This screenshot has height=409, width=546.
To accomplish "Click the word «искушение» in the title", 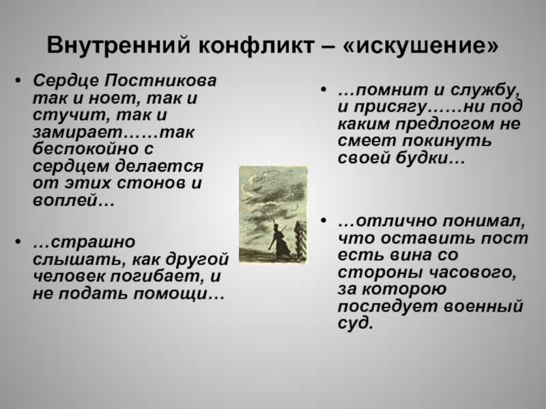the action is coord(420,45).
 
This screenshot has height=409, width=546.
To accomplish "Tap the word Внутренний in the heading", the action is coord(119,45).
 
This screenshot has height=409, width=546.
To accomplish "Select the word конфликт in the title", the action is coord(257,45).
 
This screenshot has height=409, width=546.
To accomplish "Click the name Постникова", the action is coord(161,80).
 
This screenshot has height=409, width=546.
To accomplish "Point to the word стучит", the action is coord(70,115).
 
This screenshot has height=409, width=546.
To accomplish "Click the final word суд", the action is coord(355,323).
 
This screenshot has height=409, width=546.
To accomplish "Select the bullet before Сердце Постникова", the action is coord(18,80).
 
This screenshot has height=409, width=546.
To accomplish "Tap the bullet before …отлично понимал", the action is coord(324,220).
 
